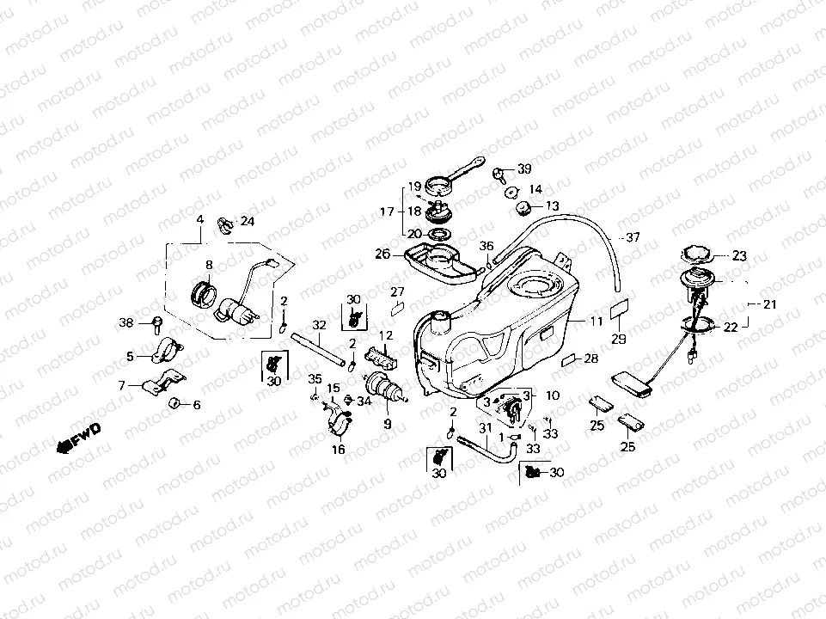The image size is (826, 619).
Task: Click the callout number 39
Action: (523, 169)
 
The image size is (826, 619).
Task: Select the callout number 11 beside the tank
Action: (597, 322)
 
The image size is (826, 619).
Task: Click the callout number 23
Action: (741, 255)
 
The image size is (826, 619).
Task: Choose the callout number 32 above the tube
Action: (319, 325)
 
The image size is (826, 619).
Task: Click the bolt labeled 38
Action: (157, 322)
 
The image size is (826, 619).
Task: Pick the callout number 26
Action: (382, 254)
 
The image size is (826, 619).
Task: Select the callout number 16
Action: (338, 449)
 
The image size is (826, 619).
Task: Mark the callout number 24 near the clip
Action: (248, 221)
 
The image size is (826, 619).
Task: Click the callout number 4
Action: (199, 219)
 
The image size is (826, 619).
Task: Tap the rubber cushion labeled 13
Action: (522, 207)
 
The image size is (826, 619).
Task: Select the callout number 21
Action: (769, 304)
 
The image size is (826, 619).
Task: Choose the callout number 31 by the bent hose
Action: (484, 427)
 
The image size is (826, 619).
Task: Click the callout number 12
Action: (386, 334)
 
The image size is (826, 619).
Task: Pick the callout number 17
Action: (386, 211)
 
